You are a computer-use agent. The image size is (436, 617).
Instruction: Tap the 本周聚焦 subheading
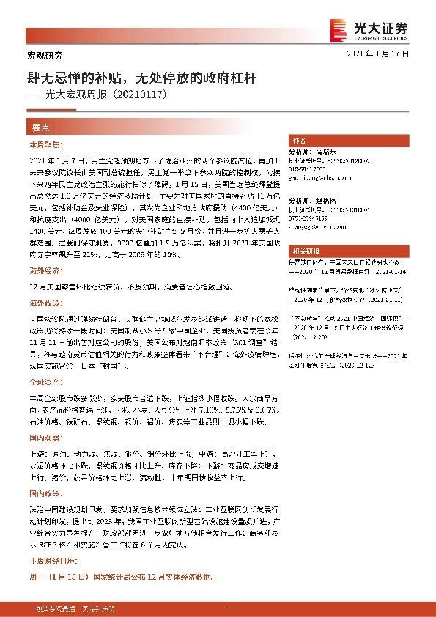(x=42, y=144)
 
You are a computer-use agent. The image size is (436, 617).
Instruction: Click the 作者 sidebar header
(x=299, y=140)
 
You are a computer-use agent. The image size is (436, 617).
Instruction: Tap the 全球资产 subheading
(x=42, y=383)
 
